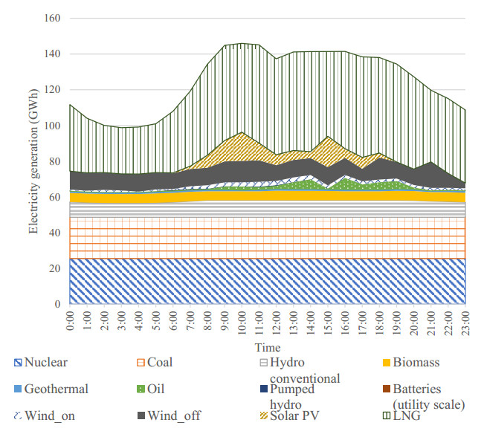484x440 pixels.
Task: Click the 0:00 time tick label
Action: point(70,323)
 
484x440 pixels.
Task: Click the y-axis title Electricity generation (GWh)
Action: point(33,161)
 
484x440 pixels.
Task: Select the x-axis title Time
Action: point(268,347)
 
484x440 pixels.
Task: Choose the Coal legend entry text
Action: point(160,363)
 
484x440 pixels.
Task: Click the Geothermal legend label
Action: point(56,389)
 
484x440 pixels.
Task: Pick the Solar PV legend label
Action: point(289,415)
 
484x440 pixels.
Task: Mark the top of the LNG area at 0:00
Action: point(70,105)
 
